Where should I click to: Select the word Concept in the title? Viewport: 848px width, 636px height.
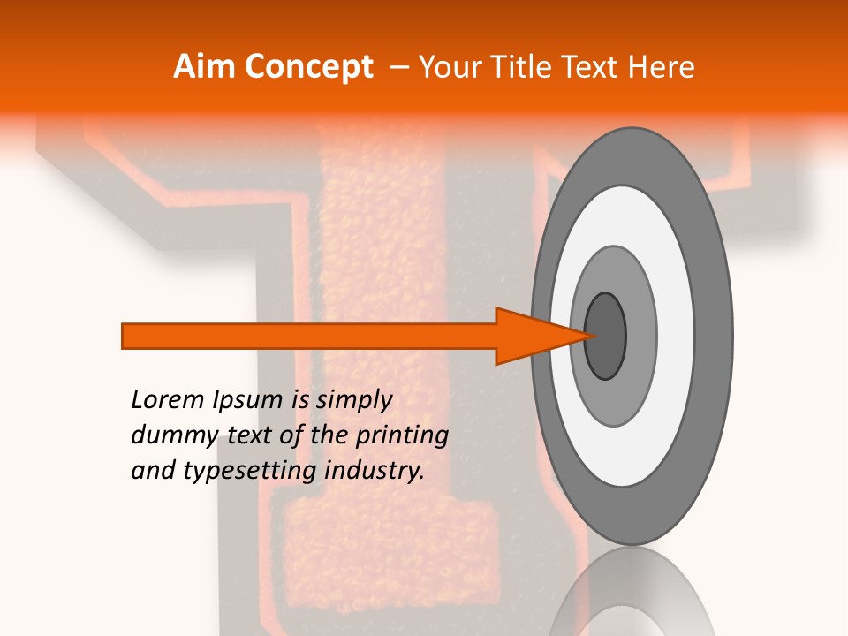coord(307,67)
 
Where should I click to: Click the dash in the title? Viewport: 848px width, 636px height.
coord(398,67)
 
